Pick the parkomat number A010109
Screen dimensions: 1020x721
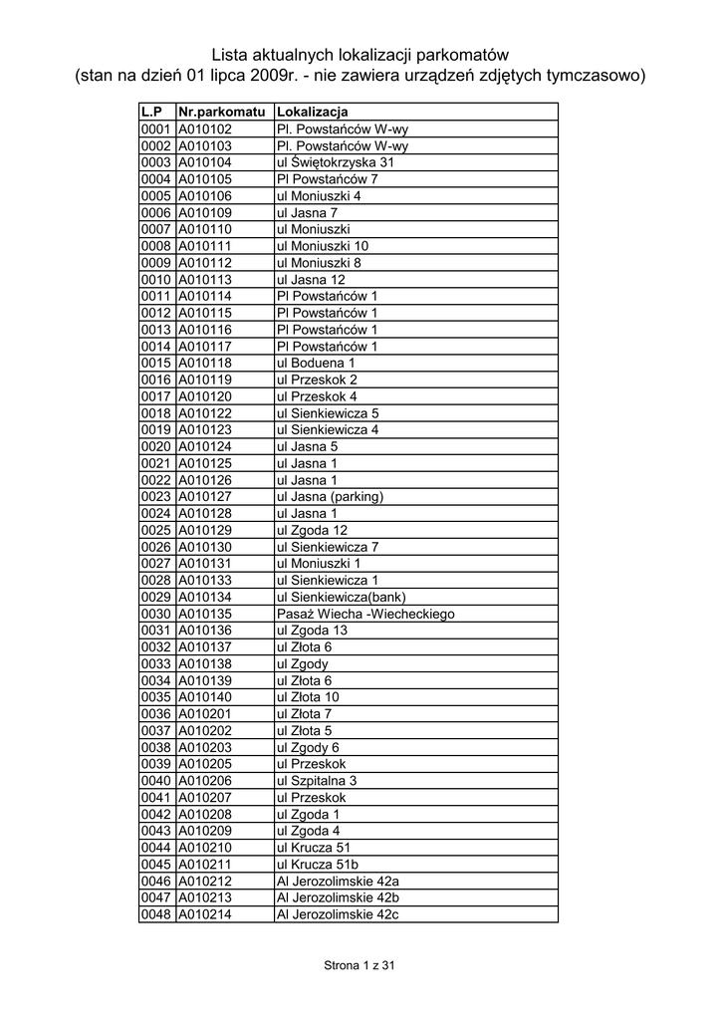point(205,212)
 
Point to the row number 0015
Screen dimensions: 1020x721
point(157,363)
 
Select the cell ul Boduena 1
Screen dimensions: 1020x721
point(315,363)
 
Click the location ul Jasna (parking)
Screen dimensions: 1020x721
point(330,496)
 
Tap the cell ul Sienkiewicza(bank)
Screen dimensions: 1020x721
point(336,597)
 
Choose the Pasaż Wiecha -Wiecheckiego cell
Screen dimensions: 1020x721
point(364,614)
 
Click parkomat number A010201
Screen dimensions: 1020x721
point(205,713)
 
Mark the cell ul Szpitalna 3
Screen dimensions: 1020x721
point(316,780)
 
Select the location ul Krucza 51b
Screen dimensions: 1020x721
point(317,864)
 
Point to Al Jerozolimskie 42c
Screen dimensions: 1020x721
point(337,914)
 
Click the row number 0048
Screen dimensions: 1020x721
point(157,914)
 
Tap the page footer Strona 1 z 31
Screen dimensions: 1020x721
point(360,965)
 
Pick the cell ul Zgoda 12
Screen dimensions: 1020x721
point(312,530)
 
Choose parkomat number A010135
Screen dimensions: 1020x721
point(205,614)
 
